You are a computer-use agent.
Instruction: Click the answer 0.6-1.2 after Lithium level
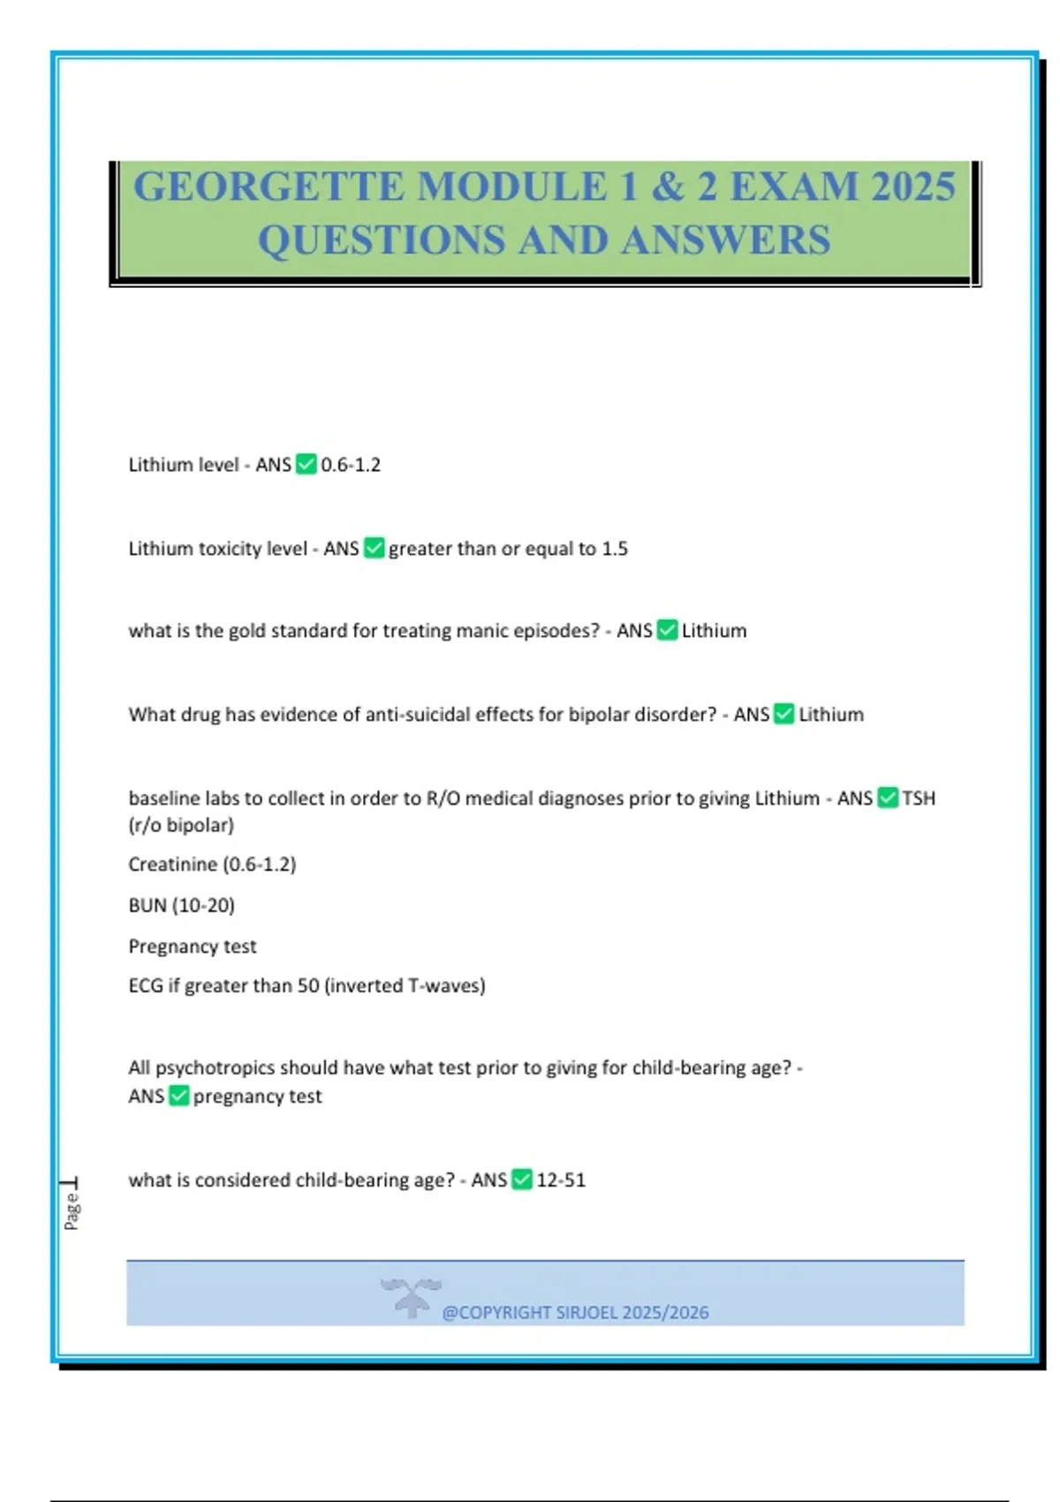coord(351,465)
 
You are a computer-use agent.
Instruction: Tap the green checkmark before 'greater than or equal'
coord(374,549)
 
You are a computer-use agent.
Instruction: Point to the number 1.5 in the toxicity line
coord(615,549)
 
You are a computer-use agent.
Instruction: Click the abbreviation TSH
coord(919,799)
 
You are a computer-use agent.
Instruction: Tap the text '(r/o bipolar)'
coord(181,825)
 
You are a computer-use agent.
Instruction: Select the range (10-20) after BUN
coord(203,906)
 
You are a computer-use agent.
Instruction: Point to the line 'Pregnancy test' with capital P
coord(193,946)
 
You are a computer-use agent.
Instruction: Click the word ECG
coord(146,985)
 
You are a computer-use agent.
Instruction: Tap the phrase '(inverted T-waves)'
coord(405,985)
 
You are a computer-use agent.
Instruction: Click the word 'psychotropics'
coord(215,1067)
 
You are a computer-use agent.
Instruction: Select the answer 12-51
coord(561,1180)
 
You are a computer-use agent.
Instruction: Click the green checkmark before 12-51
coord(522,1180)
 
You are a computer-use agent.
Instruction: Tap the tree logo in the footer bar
coord(411,1297)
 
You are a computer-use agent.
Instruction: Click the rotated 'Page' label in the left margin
coord(72,1210)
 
